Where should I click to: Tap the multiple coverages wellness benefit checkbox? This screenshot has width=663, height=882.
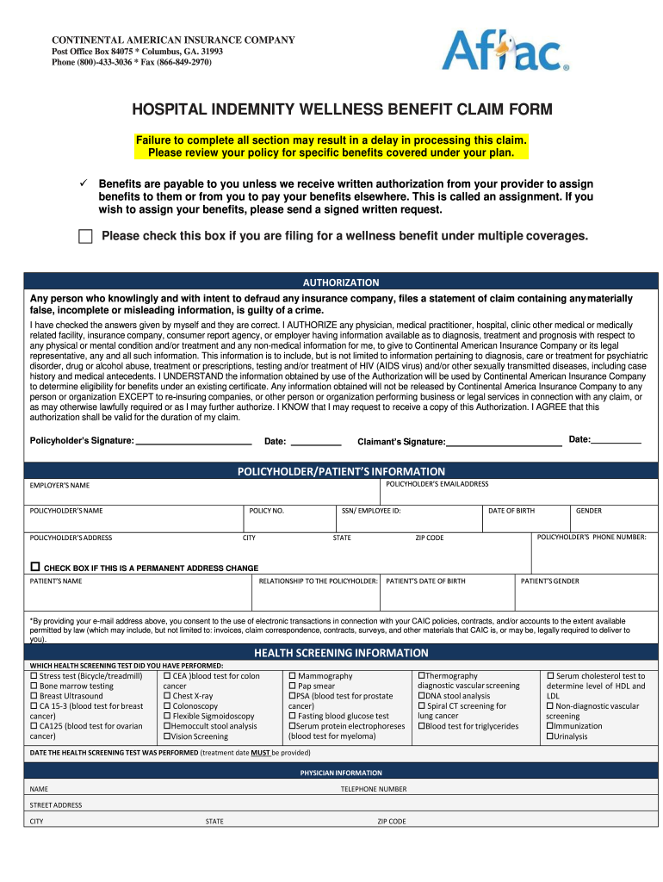(x=84, y=237)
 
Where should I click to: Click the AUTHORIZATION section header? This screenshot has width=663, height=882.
(x=341, y=282)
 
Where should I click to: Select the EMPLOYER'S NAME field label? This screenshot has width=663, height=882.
(x=59, y=486)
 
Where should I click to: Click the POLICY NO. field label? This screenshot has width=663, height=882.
(x=267, y=511)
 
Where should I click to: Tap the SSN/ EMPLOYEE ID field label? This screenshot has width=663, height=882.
(x=371, y=511)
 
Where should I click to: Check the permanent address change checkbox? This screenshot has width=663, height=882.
(x=35, y=568)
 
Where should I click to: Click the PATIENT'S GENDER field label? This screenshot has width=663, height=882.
(x=550, y=581)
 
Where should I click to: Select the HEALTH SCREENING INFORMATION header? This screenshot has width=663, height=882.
(x=341, y=653)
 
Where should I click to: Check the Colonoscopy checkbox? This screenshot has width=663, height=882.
(x=168, y=706)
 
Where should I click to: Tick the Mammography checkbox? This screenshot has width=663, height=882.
(x=293, y=676)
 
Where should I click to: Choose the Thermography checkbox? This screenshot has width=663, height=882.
(x=421, y=676)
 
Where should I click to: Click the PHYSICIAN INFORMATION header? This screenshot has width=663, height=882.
(x=341, y=773)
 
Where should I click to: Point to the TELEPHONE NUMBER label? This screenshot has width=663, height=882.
(x=374, y=789)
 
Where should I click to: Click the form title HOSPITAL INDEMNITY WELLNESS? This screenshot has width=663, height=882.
(x=341, y=110)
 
